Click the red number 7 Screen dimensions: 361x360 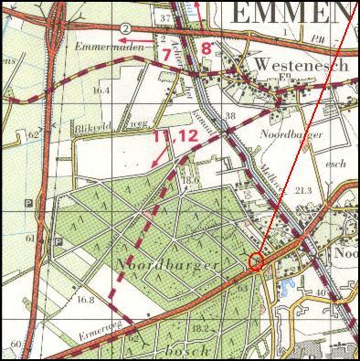(x=165, y=55)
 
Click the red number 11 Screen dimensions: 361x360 (x=162, y=136)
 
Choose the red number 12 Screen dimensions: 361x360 (x=187, y=136)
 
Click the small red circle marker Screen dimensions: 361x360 (x=256, y=261)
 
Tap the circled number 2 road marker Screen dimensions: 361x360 (x=123, y=29)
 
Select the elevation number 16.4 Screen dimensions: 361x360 (x=101, y=90)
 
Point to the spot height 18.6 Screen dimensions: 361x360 (x=190, y=181)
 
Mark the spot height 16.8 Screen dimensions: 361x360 (x=86, y=299)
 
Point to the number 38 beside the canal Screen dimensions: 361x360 (x=230, y=116)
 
